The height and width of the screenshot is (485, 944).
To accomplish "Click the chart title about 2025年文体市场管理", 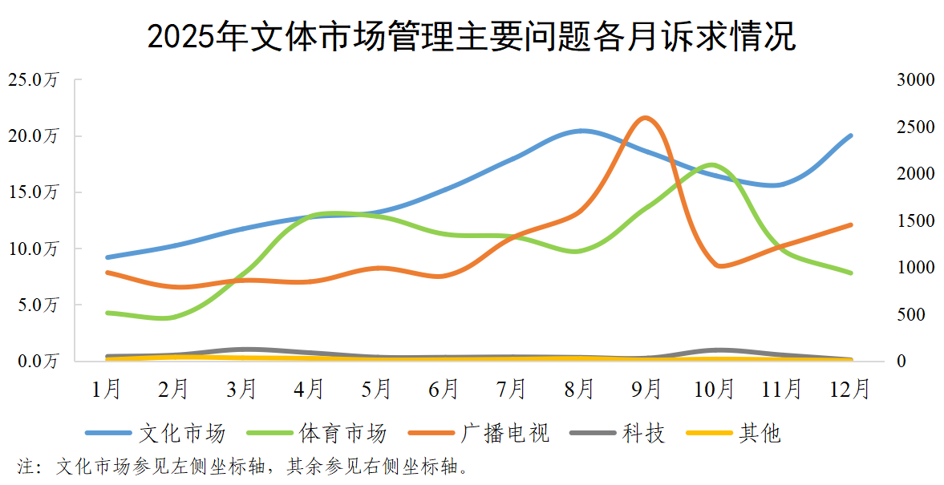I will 471,37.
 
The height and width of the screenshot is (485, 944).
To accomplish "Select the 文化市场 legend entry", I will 156,434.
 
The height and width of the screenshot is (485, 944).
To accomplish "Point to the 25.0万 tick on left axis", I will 33,80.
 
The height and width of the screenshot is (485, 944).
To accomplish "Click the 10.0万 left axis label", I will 33,249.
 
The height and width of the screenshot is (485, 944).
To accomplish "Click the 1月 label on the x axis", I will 107,389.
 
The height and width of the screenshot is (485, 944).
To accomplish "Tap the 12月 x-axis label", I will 850,389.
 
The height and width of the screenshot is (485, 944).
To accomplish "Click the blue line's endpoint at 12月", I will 850,135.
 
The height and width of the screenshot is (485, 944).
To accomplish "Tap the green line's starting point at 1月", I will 107,313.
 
